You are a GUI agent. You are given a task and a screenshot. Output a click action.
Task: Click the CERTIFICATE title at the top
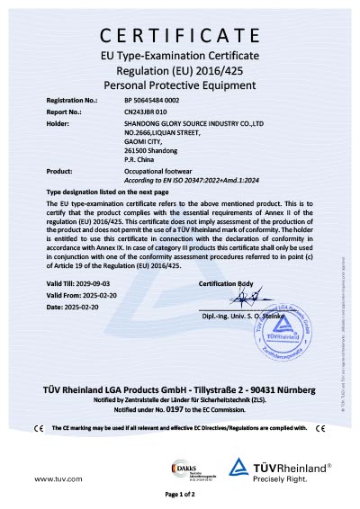tap(180, 36)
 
